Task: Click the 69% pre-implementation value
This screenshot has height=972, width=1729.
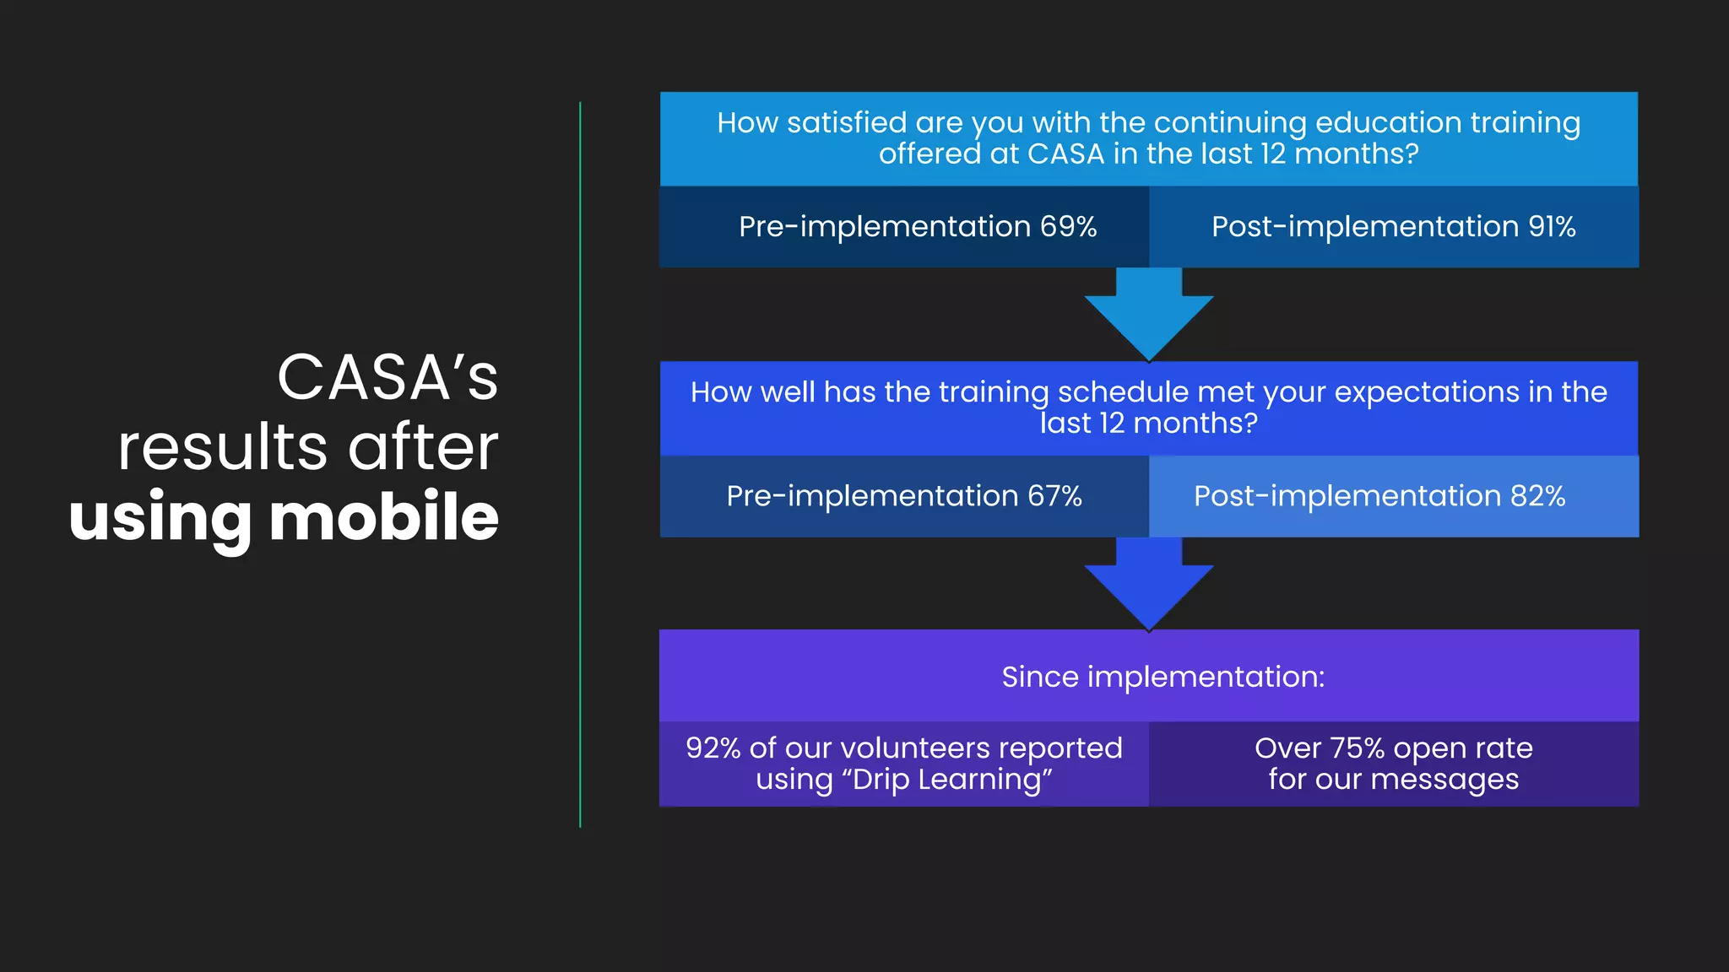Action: coord(1068,226)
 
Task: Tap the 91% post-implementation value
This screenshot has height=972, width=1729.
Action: coord(1552,226)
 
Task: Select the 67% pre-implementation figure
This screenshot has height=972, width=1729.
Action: coord(1054,495)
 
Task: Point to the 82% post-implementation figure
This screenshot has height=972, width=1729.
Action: coord(1537,495)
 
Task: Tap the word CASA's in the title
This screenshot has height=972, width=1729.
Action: coord(388,377)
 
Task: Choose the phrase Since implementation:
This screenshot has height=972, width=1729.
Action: coord(1163,677)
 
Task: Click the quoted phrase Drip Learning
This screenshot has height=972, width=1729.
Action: coord(951,780)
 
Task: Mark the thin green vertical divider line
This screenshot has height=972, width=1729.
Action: coord(580,464)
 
